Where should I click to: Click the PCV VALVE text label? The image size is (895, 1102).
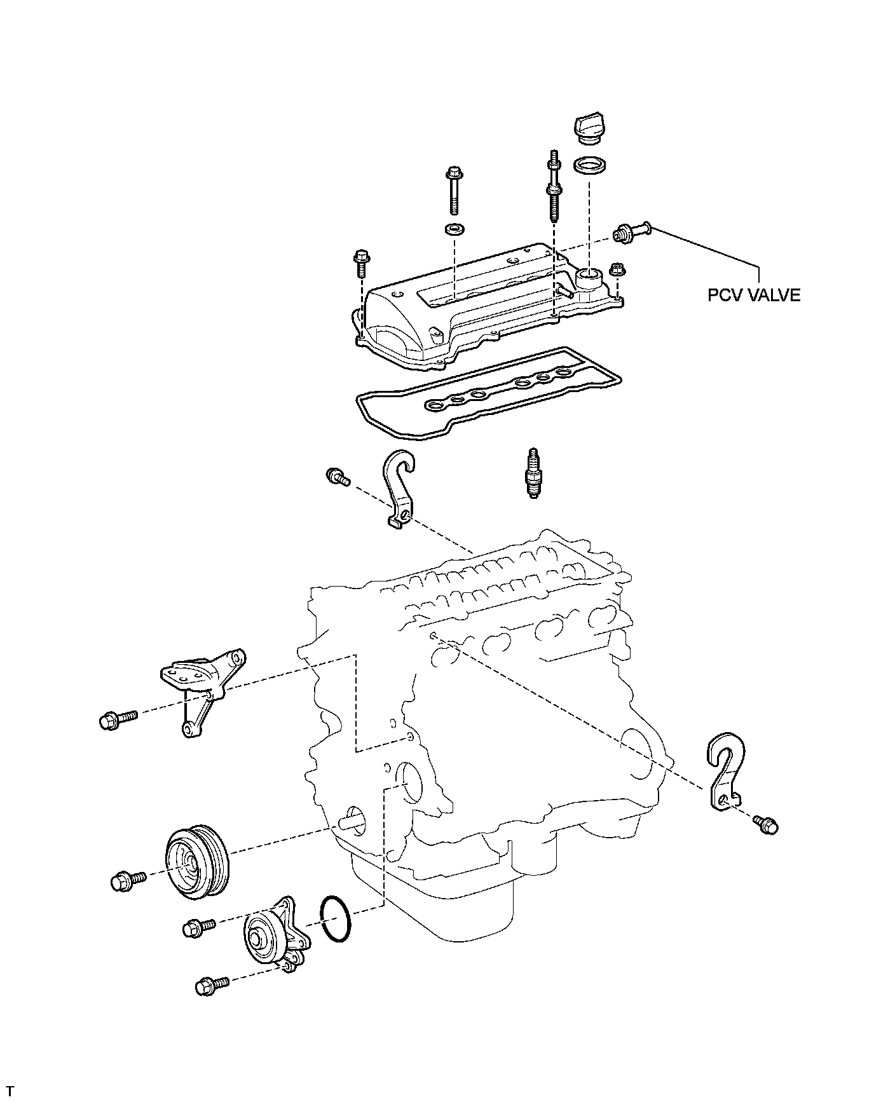pos(754,295)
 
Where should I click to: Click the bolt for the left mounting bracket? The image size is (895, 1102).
pos(117,719)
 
